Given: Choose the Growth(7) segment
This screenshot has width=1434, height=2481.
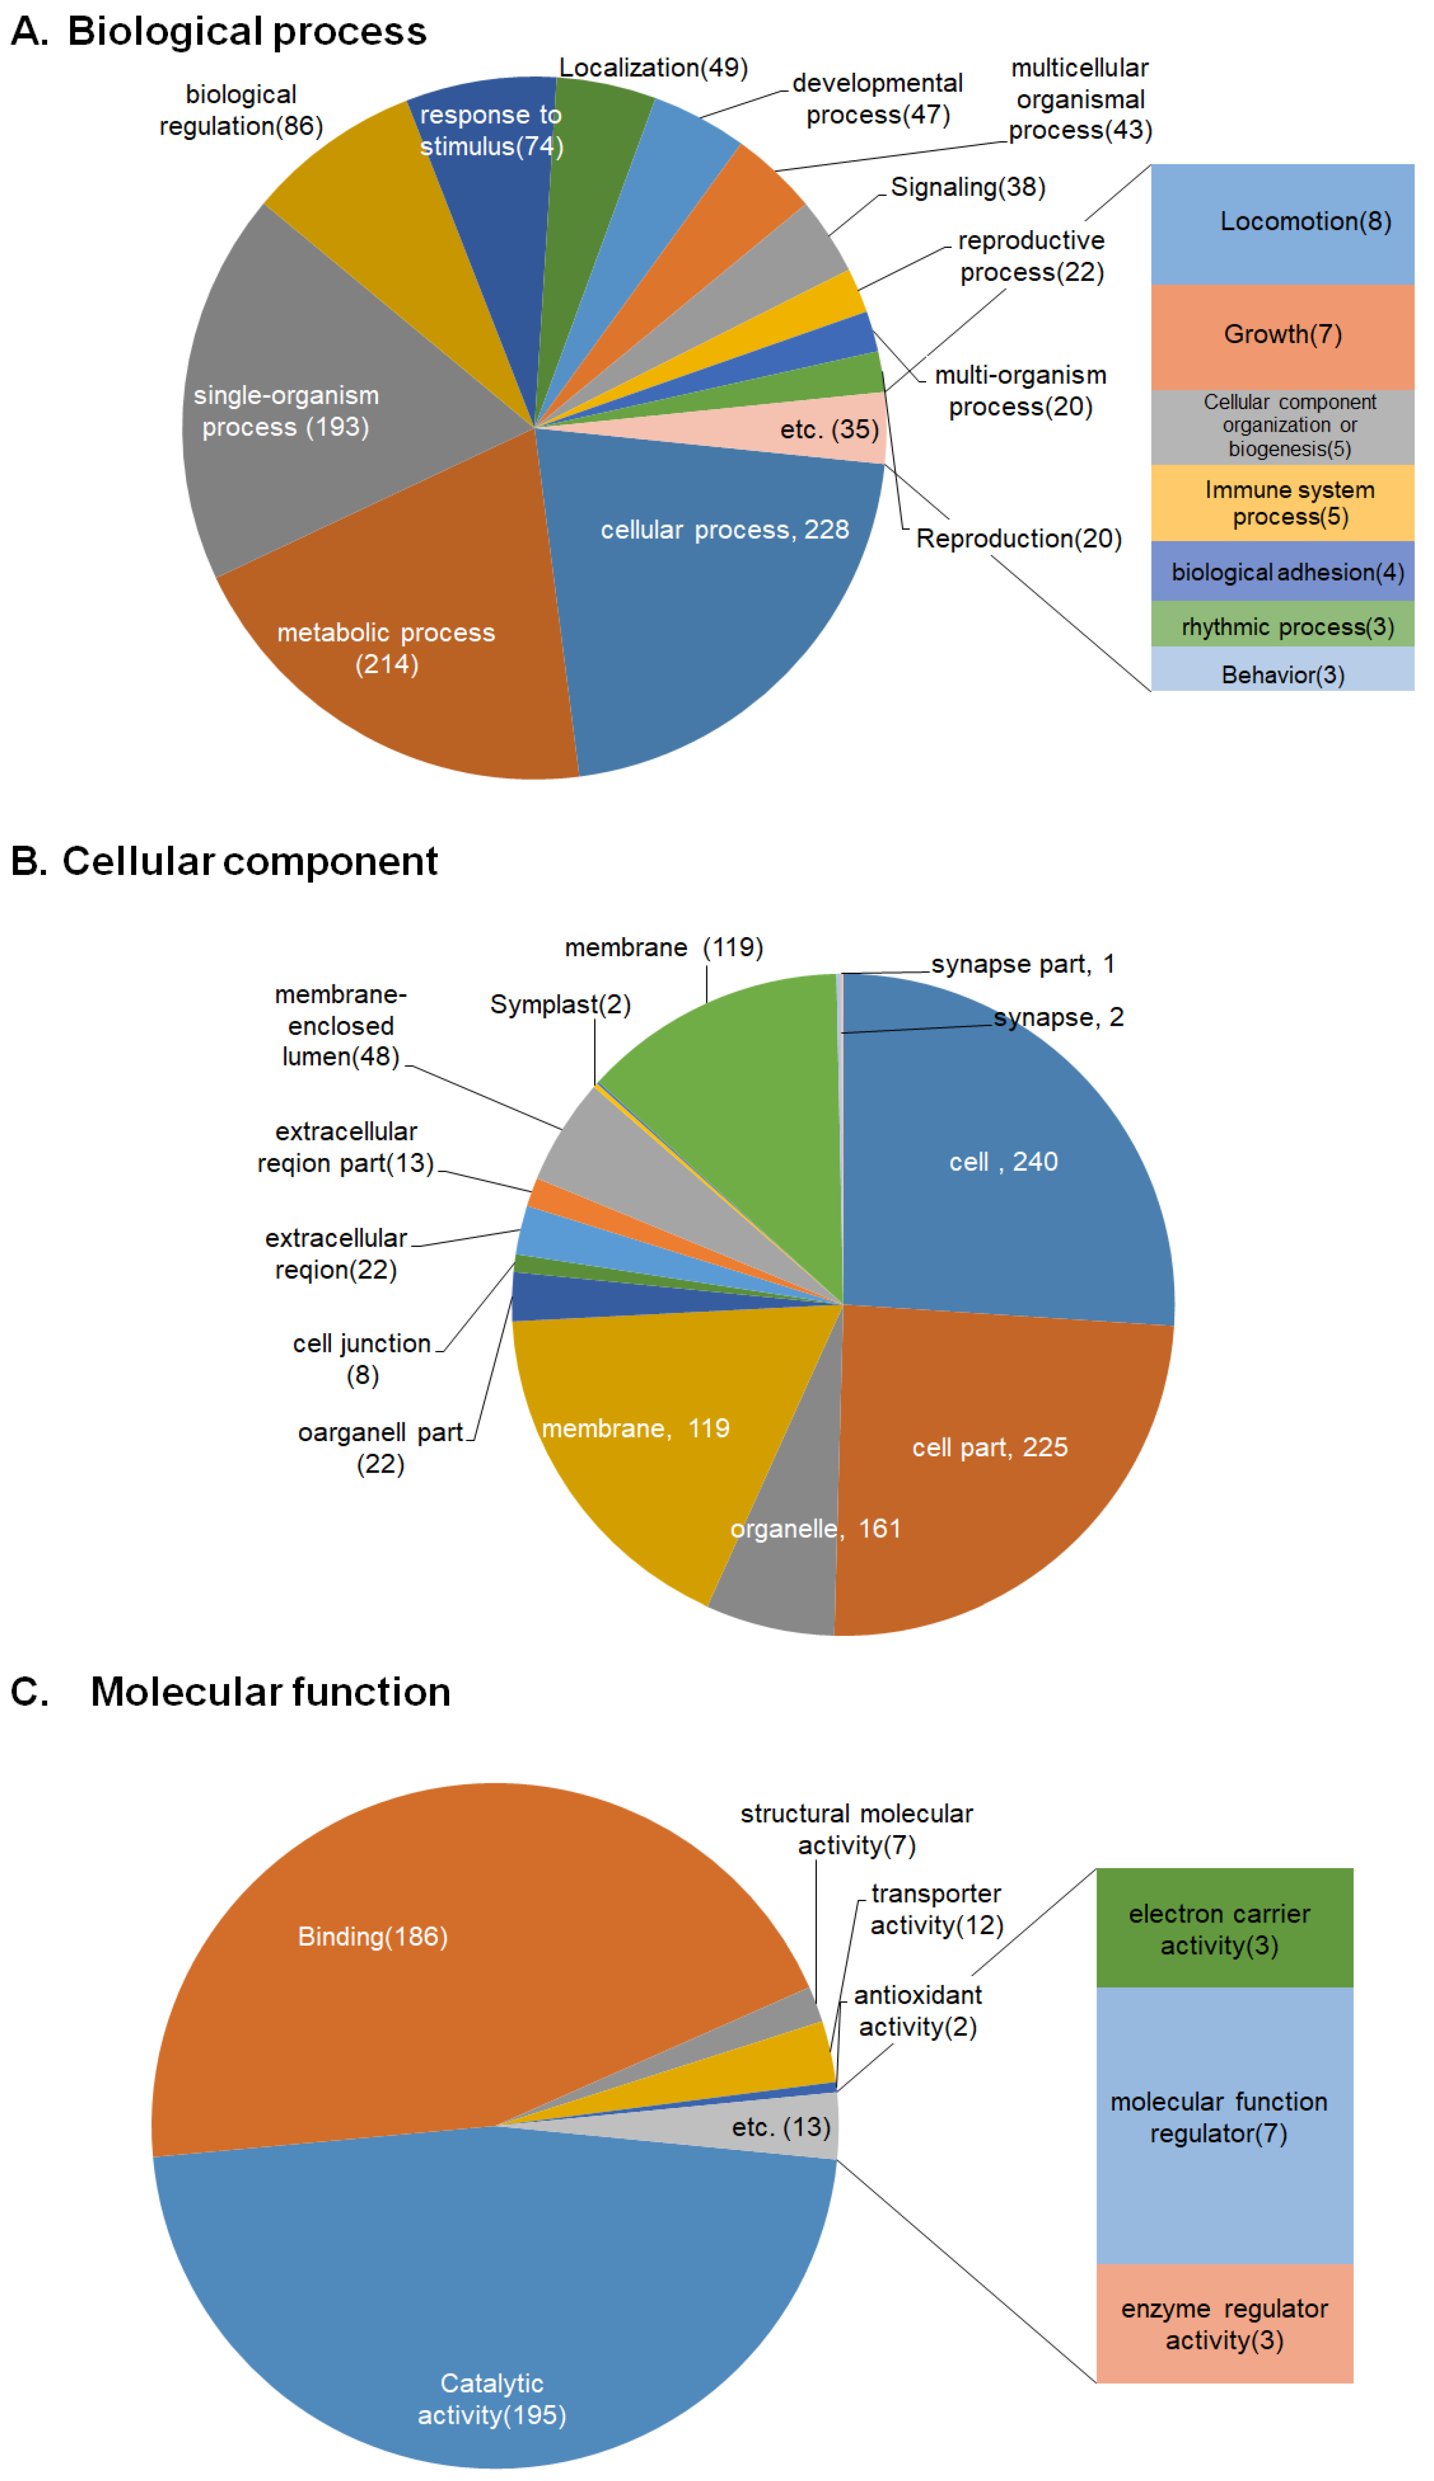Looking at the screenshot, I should click(1282, 335).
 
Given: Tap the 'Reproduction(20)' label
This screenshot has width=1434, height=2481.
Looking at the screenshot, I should click(1018, 539).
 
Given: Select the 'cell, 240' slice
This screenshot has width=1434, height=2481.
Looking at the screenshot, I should click(1003, 1162).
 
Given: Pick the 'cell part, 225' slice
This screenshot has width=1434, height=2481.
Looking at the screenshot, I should click(989, 1447).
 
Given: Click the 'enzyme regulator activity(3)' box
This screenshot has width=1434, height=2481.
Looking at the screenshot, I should click(1224, 2323).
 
